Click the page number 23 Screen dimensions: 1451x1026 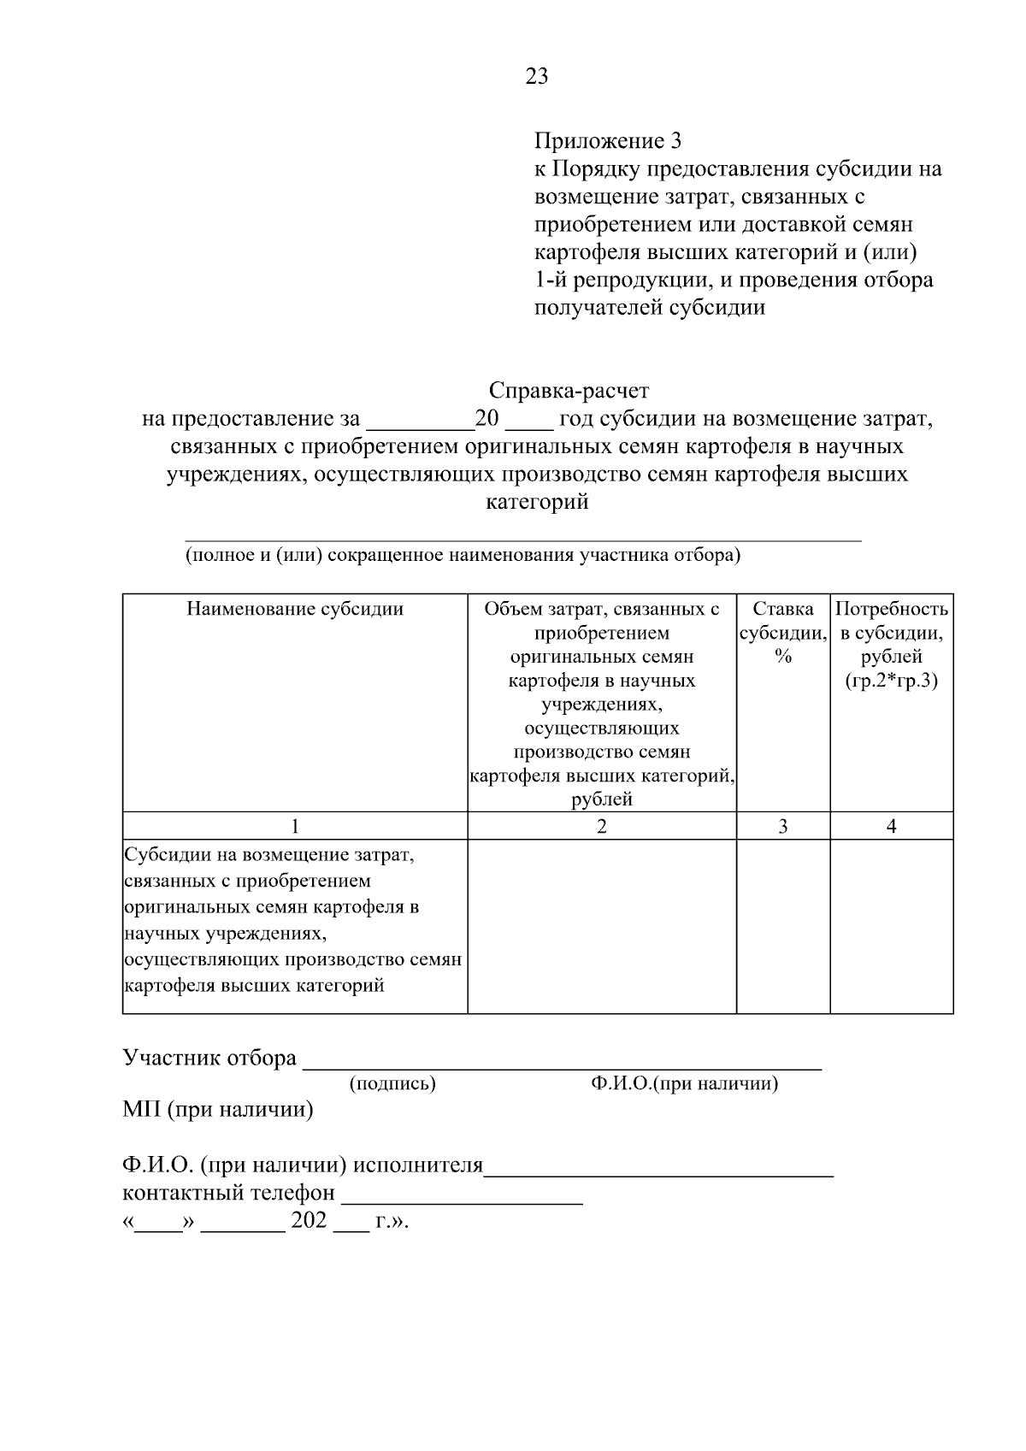click(537, 77)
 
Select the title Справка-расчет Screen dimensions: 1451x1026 click(569, 391)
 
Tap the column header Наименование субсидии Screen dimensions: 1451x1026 click(295, 610)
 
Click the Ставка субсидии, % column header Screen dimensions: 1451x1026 click(782, 633)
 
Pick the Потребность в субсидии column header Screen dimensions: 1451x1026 click(891, 634)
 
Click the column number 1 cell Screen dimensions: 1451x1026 click(295, 826)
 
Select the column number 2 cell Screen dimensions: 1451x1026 click(602, 826)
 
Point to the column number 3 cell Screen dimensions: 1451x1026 click(783, 826)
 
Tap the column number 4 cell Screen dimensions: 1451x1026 click(892, 826)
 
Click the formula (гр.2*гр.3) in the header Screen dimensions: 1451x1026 click(891, 681)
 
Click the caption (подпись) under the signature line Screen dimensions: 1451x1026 click(392, 1084)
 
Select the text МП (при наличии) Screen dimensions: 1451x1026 click(218, 1111)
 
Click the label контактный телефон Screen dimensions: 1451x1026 click(229, 1193)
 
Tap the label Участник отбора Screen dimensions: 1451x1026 click(209, 1058)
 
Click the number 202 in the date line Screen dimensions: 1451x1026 click(309, 1221)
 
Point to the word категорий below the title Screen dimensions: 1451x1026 click(537, 502)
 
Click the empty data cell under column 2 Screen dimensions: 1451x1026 click(602, 926)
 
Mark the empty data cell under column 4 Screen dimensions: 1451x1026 click(892, 926)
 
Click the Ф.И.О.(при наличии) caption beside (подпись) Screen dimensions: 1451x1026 click(684, 1084)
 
